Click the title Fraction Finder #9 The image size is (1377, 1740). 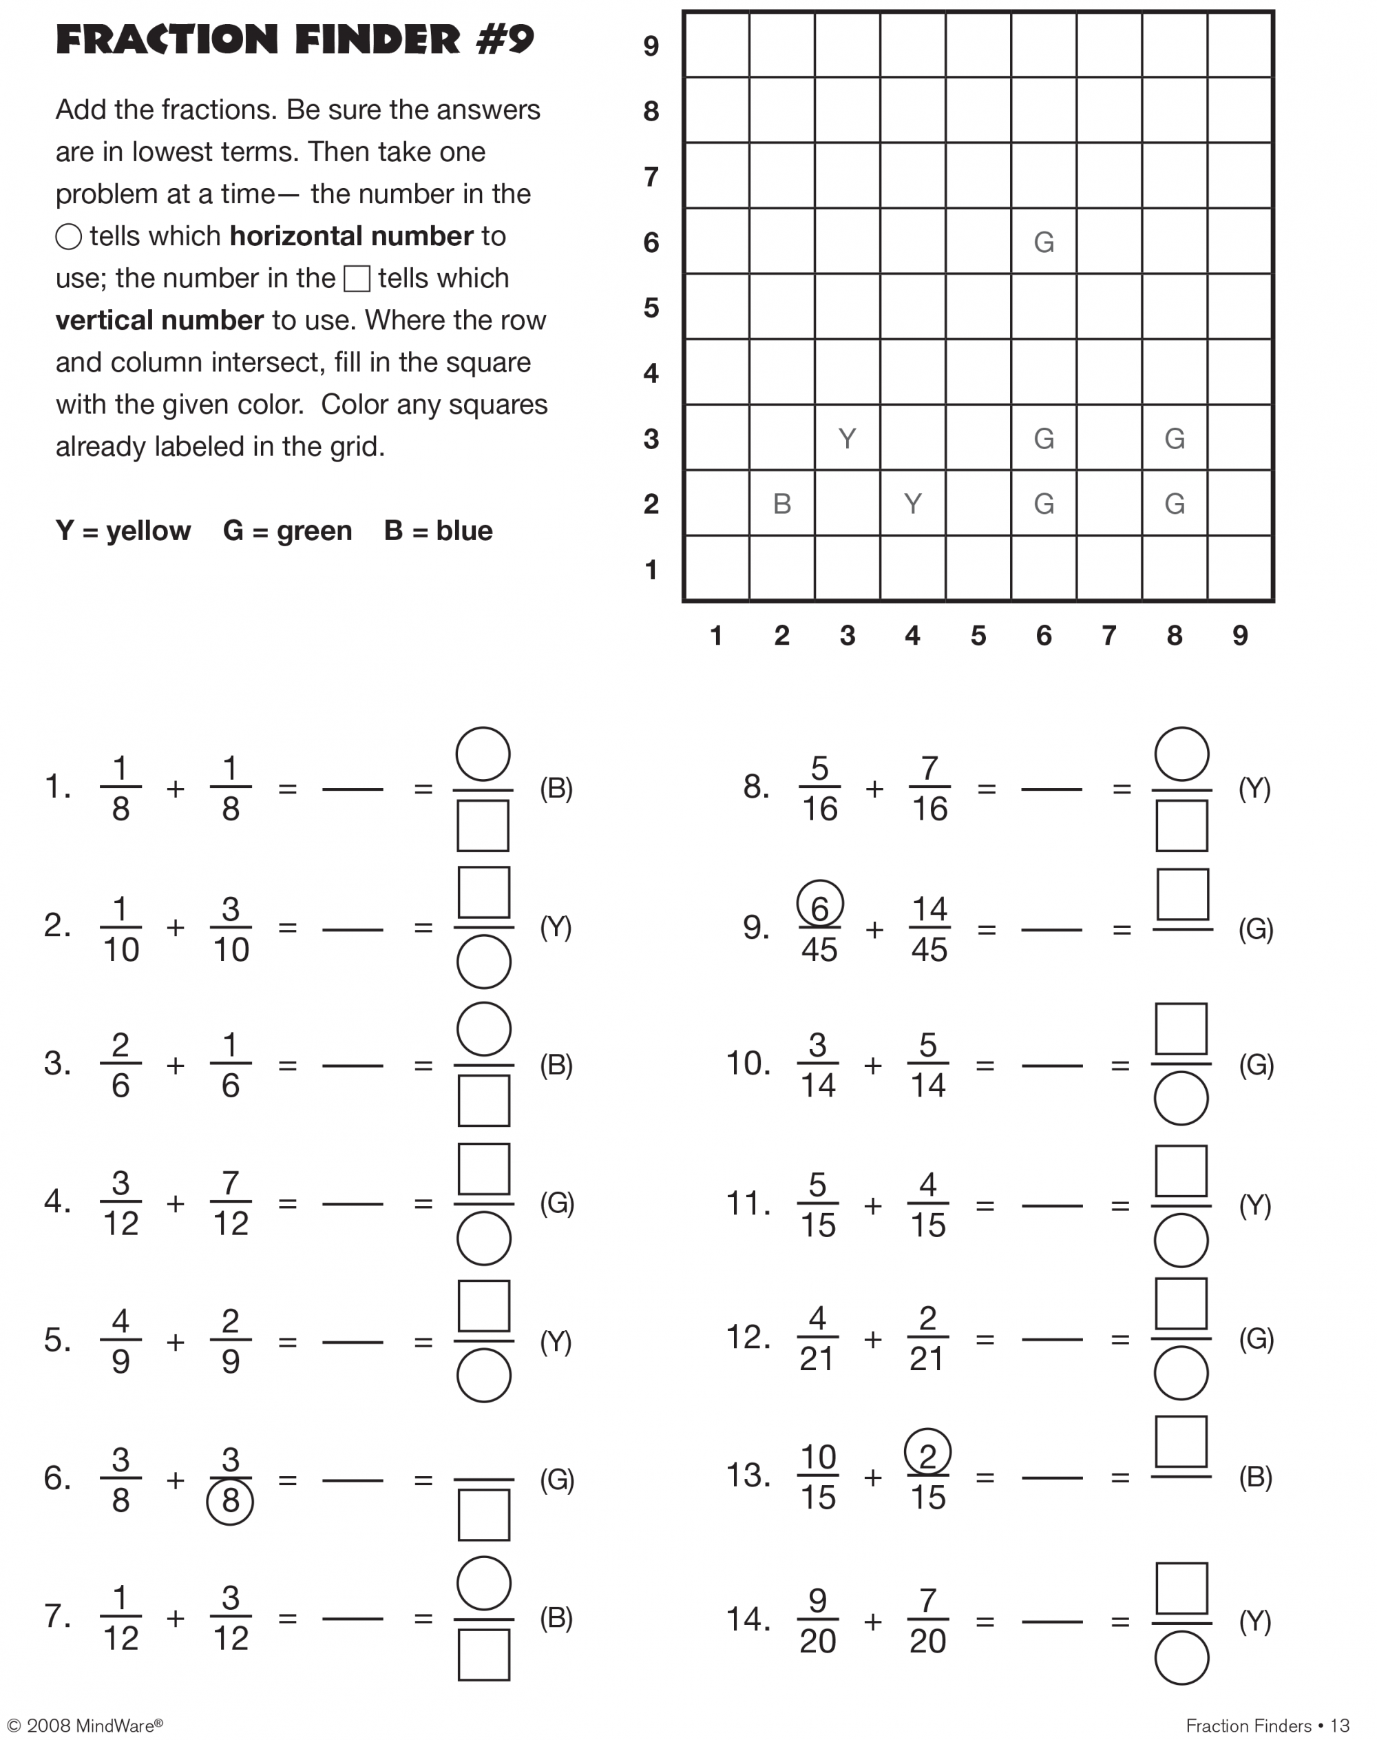pos(294,39)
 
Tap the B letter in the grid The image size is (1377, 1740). pos(781,504)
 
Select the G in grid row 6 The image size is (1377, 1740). pos(1043,242)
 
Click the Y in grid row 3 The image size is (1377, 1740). pos(847,438)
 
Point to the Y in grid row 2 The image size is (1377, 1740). pos(912,504)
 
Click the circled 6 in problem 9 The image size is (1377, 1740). pos(819,905)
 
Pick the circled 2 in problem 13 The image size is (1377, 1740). pos(927,1453)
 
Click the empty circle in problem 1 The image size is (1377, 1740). pos(483,754)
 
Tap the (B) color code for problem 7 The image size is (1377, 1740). pos(556,1617)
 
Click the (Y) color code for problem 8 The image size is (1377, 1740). pos(1254,788)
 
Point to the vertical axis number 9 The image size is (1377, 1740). pos(651,46)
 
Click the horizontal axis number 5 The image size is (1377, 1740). pos(978,636)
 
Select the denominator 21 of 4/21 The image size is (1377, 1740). pos(817,1359)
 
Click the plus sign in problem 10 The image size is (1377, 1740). pos(872,1066)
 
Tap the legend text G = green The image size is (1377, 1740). pos(287,531)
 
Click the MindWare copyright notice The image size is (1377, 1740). pos(85,1726)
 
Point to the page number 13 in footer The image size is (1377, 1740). pos(1339,1726)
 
